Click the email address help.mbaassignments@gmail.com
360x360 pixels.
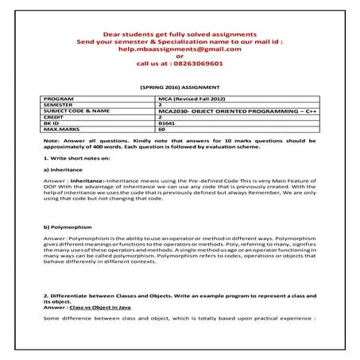[179, 48]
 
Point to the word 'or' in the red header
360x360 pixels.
[179, 56]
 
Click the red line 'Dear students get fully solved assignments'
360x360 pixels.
[179, 34]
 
